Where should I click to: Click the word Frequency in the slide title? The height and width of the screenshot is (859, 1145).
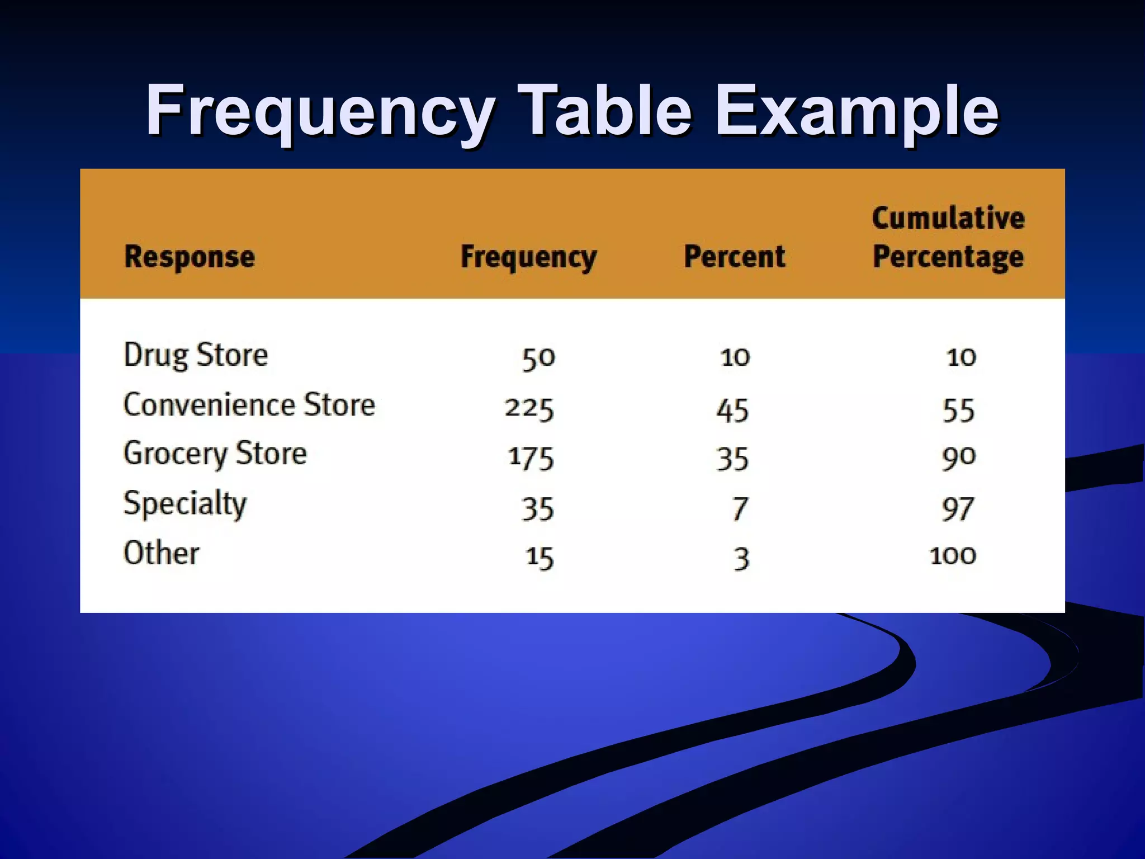320,112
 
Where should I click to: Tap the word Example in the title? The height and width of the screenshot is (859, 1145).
857,112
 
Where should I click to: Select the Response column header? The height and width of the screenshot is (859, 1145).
190,257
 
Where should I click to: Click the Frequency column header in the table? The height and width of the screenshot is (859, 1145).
528,257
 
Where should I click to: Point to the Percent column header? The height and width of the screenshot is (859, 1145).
735,257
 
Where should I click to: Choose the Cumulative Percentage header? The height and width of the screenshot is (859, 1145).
948,237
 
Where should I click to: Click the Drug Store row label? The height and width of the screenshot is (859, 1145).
196,355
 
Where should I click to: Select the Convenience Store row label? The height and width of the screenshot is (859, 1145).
249,405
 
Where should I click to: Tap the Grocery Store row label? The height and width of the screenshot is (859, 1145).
215,454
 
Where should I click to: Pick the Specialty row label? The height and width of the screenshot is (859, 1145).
185,503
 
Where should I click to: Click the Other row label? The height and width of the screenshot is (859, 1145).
161,553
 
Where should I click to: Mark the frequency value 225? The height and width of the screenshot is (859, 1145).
529,408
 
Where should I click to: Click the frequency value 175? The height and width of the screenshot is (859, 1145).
531,458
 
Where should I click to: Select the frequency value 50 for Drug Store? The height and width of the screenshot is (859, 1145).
538,358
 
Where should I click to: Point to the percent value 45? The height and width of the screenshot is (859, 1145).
732,410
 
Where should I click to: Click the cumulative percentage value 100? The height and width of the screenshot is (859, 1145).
953,556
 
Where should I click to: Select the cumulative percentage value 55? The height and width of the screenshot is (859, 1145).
959,410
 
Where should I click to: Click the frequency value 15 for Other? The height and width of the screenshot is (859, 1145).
540,558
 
